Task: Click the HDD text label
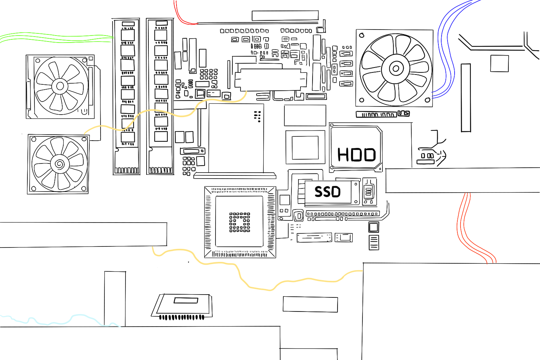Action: coord(356,154)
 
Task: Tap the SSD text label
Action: coord(327,192)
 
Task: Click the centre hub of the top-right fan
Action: coord(396,69)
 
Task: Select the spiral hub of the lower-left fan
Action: coord(59,164)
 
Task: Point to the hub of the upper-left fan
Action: coord(60,86)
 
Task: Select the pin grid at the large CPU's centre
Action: coord(240,222)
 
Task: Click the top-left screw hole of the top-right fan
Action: coord(361,35)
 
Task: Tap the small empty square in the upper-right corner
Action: coord(500,64)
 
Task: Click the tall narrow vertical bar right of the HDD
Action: coord(466,98)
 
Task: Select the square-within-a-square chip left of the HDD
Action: coord(305,147)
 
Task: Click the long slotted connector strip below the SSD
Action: coord(342,214)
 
